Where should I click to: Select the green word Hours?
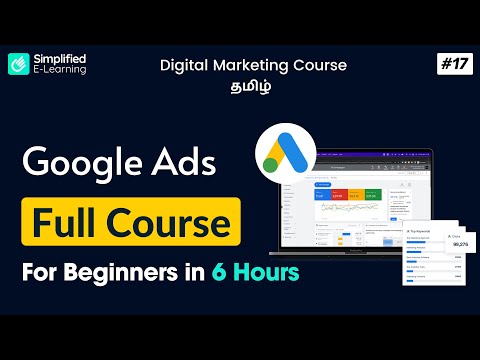[x=272, y=270]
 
